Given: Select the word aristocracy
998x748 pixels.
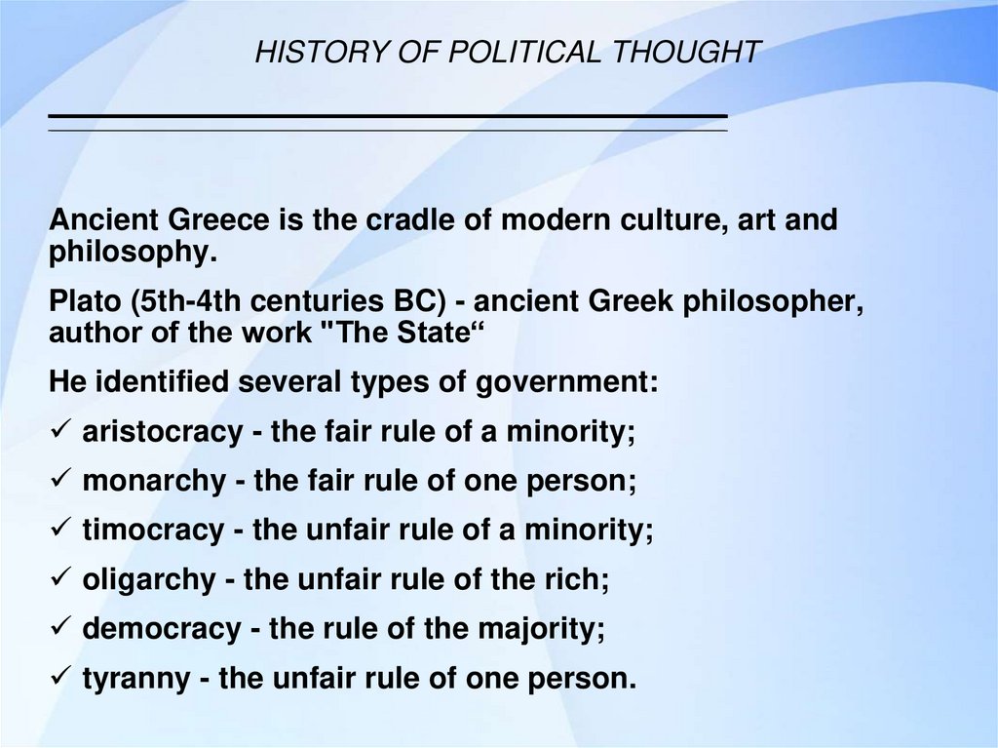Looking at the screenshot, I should point(162,431).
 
